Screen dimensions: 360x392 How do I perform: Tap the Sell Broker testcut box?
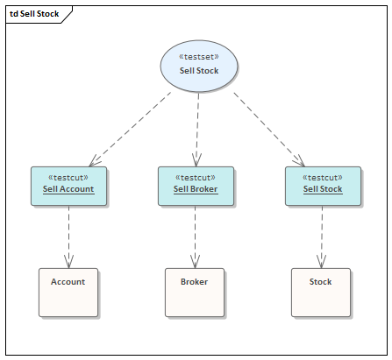(x=196, y=186)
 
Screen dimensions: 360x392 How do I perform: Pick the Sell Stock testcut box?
(x=322, y=186)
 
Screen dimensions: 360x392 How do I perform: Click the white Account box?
(x=68, y=292)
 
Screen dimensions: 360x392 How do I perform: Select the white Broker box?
(x=195, y=292)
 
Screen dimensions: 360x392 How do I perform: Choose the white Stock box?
(x=321, y=292)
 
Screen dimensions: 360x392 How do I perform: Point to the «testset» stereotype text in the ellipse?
(x=199, y=56)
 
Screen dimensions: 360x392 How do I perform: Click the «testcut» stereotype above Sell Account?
(x=68, y=177)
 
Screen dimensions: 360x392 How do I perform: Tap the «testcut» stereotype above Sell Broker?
(x=196, y=177)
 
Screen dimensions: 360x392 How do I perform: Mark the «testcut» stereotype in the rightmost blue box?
(x=322, y=177)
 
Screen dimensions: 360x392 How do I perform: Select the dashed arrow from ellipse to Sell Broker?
(x=197, y=127)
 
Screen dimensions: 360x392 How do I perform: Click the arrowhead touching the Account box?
(x=68, y=261)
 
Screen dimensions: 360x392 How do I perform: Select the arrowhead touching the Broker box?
(x=195, y=261)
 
